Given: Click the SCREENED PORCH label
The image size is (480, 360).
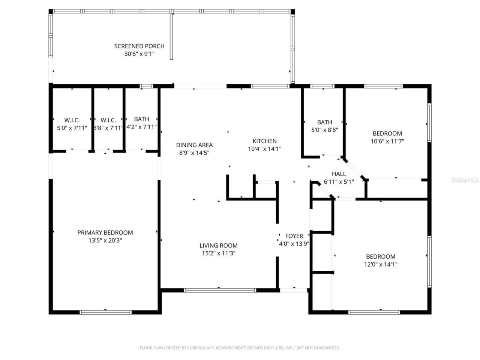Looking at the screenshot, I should [x=139, y=46].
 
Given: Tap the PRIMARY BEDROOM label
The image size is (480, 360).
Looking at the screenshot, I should [x=105, y=232].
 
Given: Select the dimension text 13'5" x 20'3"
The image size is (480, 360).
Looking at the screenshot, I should [x=105, y=240].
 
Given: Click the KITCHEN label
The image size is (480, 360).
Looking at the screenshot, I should [x=264, y=141].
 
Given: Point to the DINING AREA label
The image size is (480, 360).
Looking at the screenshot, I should [x=194, y=145].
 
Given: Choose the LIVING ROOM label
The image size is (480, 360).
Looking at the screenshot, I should [x=218, y=246].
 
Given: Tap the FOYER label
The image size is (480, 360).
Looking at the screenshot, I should [x=294, y=236].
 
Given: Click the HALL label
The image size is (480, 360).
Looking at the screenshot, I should [x=339, y=174].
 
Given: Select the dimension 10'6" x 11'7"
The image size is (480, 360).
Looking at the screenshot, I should [x=387, y=141].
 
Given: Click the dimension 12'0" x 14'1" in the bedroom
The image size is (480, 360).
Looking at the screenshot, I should [x=381, y=264].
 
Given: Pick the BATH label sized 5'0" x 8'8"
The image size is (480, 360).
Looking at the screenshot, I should [x=324, y=122].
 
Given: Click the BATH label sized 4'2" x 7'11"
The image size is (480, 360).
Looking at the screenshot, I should [x=141, y=119].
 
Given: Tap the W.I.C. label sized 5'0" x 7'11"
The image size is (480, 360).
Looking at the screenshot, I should [x=72, y=120].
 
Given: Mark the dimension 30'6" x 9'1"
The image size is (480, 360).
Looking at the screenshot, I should [x=139, y=54].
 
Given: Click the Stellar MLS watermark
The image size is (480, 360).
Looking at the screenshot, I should [x=465, y=180].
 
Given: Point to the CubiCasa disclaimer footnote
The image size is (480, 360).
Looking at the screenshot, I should [x=240, y=348].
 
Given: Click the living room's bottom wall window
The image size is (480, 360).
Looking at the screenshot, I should [x=220, y=290].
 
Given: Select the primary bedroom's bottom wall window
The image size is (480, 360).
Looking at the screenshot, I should [x=106, y=312].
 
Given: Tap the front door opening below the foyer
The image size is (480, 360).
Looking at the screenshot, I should [x=294, y=290].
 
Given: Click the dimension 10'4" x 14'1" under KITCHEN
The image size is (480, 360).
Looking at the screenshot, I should [x=264, y=149].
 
